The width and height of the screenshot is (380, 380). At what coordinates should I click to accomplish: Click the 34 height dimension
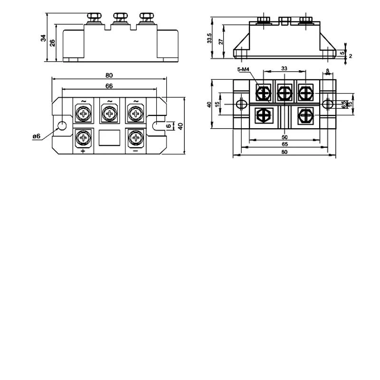[43, 38]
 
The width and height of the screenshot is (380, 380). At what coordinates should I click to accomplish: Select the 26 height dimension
[52, 43]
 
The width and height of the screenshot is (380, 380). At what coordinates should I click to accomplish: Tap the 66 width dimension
[109, 86]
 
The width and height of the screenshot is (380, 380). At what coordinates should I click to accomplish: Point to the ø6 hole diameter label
[37, 136]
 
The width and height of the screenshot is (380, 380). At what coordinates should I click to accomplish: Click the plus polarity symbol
[83, 151]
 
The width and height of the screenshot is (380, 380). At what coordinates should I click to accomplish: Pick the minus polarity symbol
[135, 151]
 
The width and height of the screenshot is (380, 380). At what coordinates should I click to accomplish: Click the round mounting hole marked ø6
[61, 126]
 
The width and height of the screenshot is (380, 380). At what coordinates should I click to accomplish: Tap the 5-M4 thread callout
[243, 69]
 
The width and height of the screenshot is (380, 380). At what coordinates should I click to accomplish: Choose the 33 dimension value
[284, 68]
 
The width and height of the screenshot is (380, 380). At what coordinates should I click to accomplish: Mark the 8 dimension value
[327, 71]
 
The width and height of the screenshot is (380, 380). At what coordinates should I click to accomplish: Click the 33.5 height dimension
[209, 38]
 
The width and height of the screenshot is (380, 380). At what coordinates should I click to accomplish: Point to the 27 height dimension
[220, 41]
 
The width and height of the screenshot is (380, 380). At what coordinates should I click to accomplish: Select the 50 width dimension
[285, 137]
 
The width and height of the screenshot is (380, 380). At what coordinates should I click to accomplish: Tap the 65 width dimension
[285, 144]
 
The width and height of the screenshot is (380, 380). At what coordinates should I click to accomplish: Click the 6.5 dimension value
[343, 104]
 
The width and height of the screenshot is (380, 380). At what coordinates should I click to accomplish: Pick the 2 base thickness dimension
[350, 56]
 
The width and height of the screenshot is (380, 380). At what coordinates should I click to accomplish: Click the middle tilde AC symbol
[110, 101]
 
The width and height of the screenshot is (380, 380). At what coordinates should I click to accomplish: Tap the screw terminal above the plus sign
[84, 138]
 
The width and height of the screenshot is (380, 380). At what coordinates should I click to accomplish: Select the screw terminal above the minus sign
[136, 138]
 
